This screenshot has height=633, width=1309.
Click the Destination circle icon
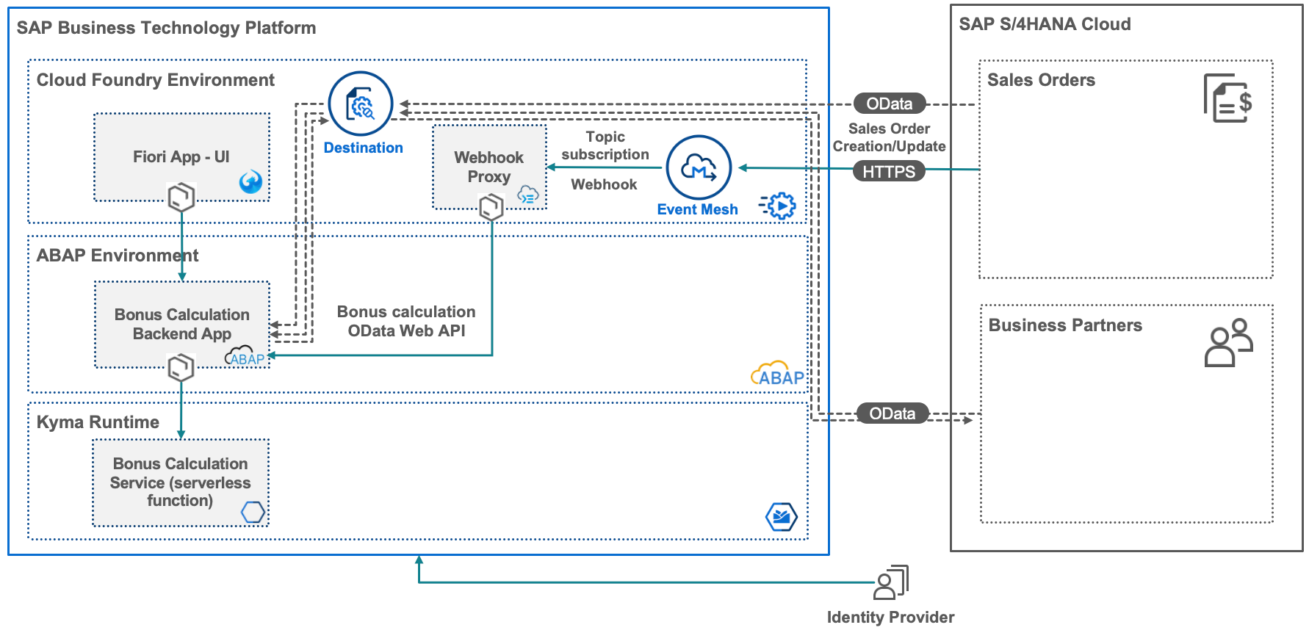360,104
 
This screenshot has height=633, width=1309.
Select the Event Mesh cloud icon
699,167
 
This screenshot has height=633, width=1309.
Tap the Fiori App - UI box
181,157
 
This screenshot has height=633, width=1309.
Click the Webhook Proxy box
489,167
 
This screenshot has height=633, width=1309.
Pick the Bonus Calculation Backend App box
182,324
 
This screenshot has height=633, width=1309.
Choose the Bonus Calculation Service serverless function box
181,482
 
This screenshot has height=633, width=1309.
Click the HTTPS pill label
889,172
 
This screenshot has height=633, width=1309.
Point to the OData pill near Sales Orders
889,104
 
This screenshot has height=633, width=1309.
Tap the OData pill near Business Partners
892,413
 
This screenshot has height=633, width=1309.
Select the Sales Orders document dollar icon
1227,98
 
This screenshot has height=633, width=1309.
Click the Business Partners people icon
1228,342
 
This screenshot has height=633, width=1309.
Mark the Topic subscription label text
605,145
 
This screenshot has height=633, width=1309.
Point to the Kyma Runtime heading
98,422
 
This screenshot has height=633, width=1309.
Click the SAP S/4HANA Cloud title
1045,24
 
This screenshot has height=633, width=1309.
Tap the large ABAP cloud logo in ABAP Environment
777,375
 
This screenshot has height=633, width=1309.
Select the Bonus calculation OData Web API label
406,321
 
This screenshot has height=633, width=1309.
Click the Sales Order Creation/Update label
889,137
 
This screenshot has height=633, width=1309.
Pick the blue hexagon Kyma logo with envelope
781,517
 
